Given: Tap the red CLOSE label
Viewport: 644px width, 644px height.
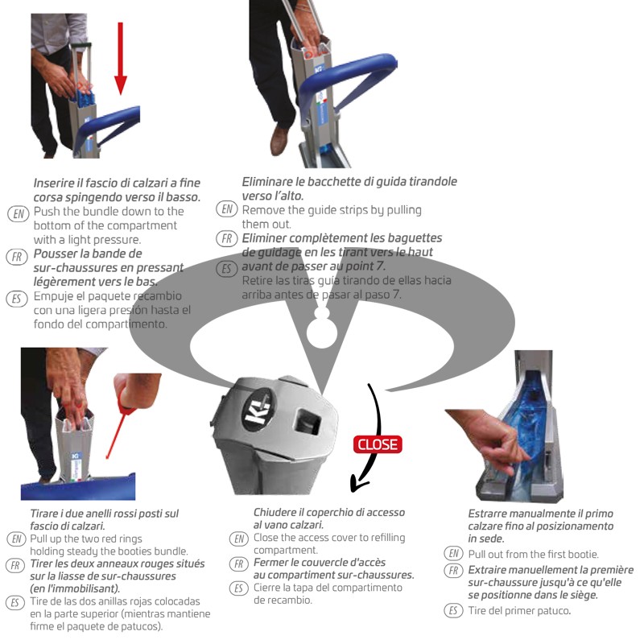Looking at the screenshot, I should [x=378, y=444].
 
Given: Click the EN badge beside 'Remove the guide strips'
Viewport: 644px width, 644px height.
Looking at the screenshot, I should [x=227, y=210].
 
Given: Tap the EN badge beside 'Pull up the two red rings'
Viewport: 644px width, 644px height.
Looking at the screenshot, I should [x=15, y=539].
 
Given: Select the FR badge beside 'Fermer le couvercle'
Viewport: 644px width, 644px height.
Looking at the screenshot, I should [x=239, y=563].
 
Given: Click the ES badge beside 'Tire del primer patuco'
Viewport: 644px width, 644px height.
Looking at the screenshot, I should [x=454, y=609].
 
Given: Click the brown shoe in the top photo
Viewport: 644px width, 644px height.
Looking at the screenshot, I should [x=279, y=139].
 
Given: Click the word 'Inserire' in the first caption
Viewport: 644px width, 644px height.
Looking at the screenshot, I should [x=56, y=184].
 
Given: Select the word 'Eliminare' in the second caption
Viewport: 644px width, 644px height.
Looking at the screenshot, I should [x=269, y=182].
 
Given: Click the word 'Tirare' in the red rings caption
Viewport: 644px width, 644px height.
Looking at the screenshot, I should [x=45, y=513].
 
